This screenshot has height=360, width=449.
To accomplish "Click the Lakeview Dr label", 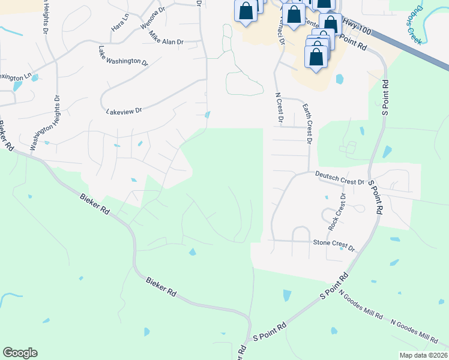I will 123,111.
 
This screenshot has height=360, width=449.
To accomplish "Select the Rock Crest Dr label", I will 336,212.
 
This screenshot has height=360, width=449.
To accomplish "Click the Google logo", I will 20,352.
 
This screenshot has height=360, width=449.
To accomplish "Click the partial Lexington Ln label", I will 15,77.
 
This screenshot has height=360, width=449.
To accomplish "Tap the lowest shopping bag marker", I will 316,57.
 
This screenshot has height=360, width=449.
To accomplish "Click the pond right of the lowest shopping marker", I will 340,79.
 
